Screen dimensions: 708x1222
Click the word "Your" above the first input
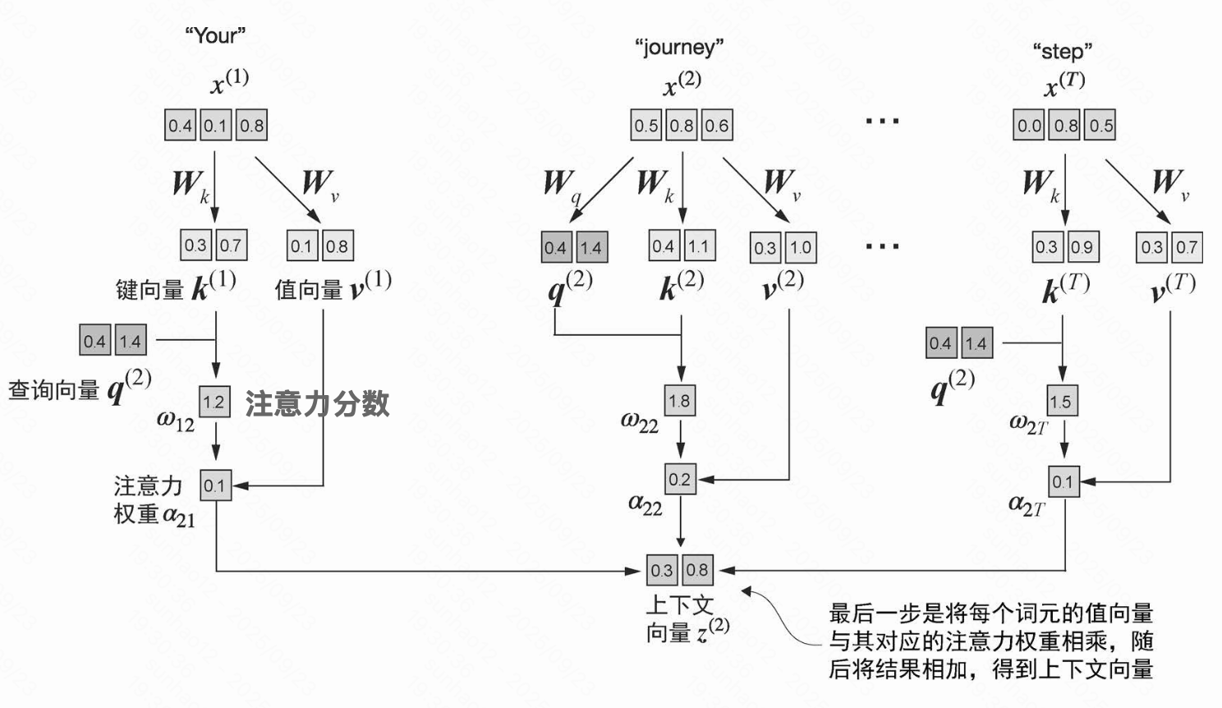215,35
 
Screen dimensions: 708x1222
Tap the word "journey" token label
679,47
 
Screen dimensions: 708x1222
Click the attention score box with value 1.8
679,401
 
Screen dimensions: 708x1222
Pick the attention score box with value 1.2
214,402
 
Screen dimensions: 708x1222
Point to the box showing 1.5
1061,401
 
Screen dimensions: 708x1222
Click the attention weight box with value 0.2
679,480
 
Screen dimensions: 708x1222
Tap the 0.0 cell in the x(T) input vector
1029,126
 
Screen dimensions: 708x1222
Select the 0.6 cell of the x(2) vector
717,126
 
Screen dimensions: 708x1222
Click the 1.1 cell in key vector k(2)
698,246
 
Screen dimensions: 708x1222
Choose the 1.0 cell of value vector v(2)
801,247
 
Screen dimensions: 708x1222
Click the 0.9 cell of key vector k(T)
1082,246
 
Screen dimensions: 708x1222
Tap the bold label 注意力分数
317,403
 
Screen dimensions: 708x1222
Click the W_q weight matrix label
561,184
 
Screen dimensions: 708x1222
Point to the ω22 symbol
640,423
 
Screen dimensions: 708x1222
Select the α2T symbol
1027,504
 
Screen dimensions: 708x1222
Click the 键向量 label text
149,289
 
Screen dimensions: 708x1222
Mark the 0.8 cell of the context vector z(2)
697,570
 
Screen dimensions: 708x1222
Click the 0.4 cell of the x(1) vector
180,126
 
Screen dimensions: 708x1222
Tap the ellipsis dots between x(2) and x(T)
882,122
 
